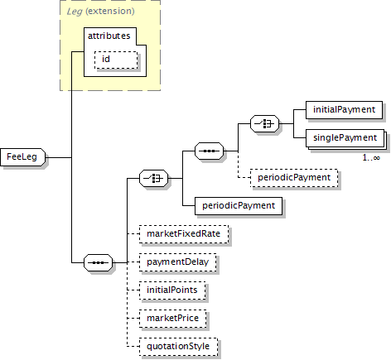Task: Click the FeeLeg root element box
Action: (x=23, y=157)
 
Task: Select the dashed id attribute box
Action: (x=116, y=60)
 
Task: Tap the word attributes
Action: (x=109, y=36)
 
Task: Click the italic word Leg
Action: (x=75, y=12)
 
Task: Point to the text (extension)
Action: (x=110, y=11)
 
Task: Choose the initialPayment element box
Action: (x=344, y=110)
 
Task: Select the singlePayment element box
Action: (x=345, y=138)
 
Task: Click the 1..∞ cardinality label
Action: (x=371, y=158)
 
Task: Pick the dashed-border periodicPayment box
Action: (x=294, y=178)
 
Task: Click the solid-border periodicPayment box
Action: (x=239, y=206)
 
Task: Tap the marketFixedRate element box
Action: (x=184, y=234)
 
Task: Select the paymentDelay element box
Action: (x=178, y=262)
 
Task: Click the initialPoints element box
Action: (x=172, y=290)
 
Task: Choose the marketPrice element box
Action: (x=173, y=319)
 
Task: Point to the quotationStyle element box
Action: (x=178, y=347)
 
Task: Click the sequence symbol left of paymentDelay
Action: (x=99, y=262)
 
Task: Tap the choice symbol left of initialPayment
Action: (x=264, y=123)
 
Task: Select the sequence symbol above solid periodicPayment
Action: (x=210, y=151)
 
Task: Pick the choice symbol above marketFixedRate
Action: (x=154, y=178)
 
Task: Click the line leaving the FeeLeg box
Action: (x=58, y=157)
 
